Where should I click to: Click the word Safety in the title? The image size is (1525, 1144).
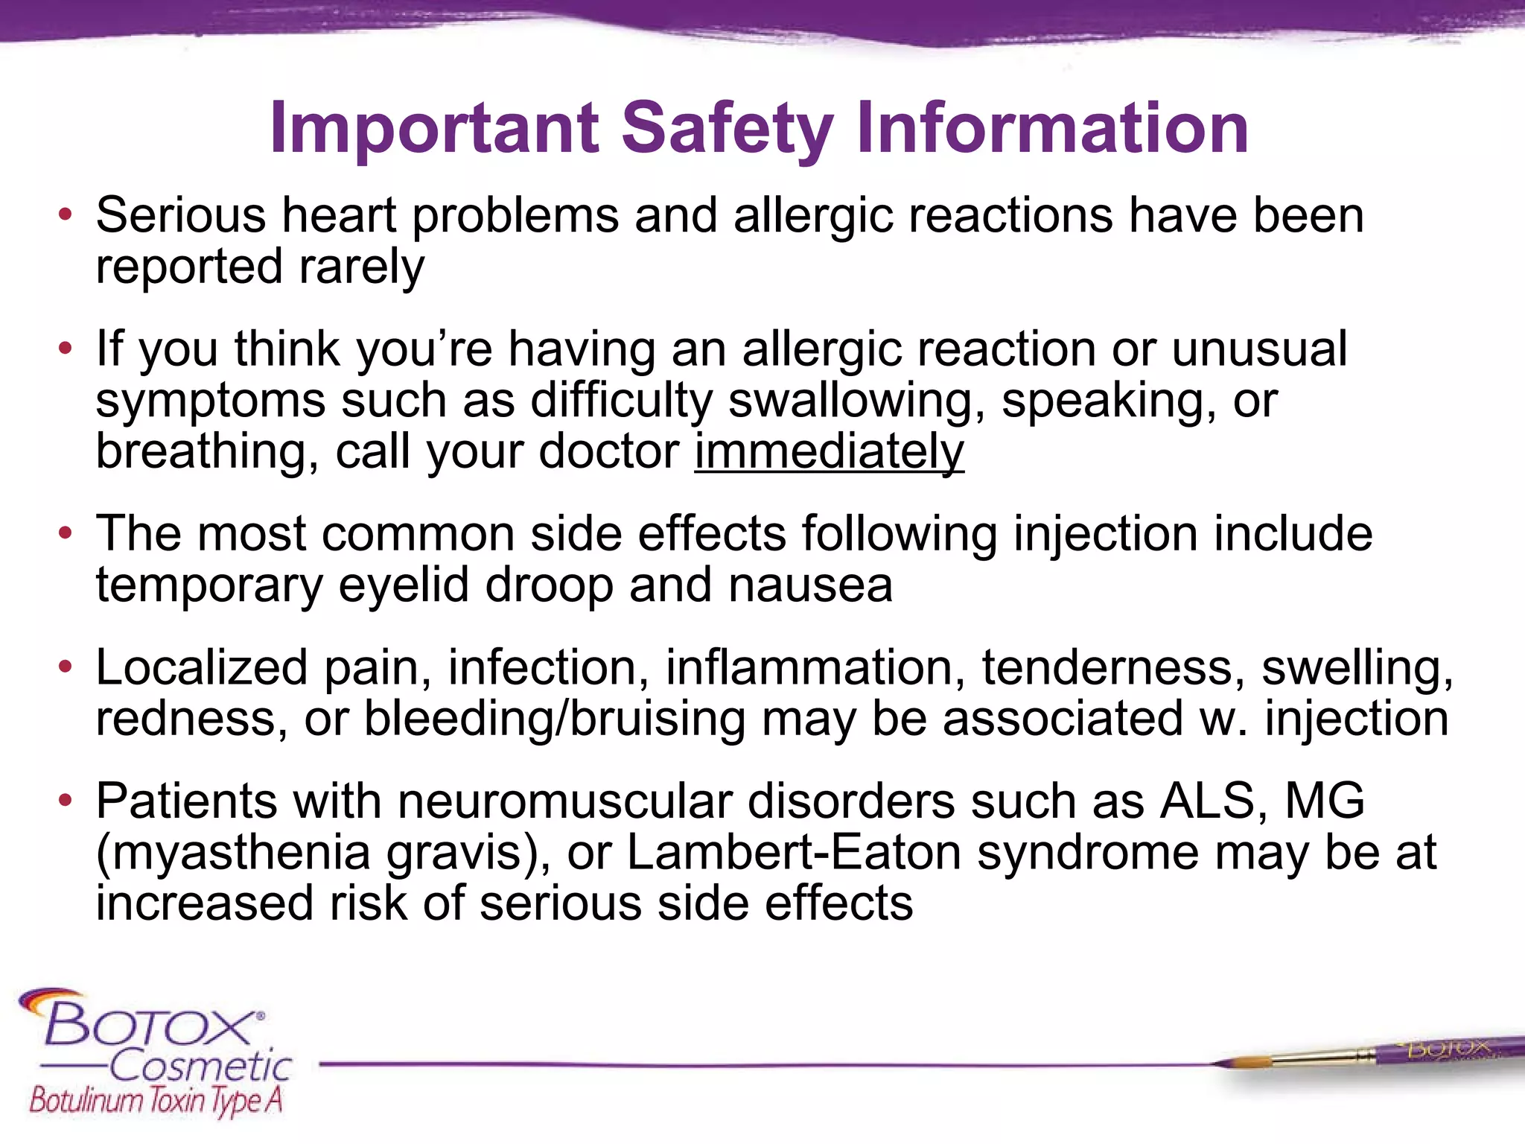727,129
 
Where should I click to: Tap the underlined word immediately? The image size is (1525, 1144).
829,451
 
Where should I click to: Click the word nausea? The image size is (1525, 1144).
810,585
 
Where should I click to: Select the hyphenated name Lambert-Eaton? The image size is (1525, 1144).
794,853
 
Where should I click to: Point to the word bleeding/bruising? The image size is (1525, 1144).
555,719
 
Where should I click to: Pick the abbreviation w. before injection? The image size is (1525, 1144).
1223,719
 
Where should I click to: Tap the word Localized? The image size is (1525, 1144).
201,667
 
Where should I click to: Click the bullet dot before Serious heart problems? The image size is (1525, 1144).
66,215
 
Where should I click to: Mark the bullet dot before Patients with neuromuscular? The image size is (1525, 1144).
66,801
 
